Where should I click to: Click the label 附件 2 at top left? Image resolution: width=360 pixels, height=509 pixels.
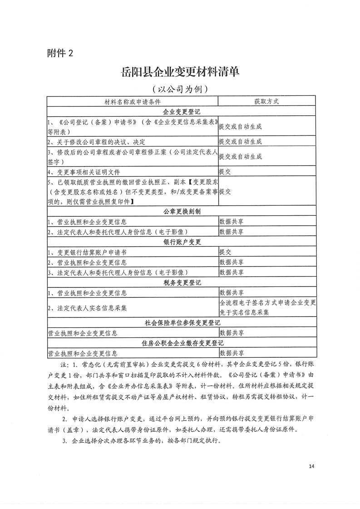point(60,53)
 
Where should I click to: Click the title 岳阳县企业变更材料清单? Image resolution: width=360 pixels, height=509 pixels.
point(180,72)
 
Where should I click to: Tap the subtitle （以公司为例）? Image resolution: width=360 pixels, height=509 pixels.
point(180,89)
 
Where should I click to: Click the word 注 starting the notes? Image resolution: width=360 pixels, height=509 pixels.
point(63,365)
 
